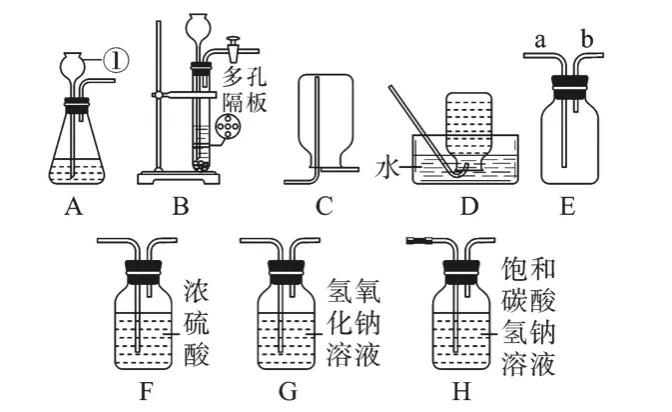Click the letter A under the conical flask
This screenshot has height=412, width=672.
[x=71, y=208]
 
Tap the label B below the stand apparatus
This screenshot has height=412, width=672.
[x=181, y=208]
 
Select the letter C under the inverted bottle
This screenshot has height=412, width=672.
[x=323, y=208]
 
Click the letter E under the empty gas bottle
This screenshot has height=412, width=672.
[x=568, y=208]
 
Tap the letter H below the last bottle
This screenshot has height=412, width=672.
[x=461, y=391]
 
